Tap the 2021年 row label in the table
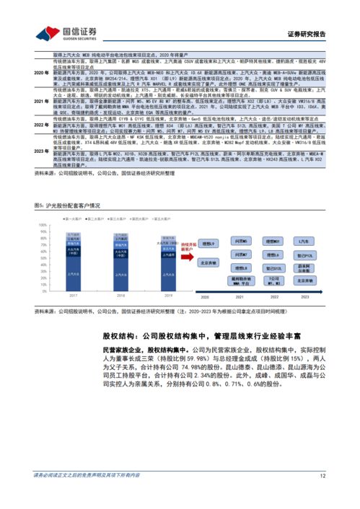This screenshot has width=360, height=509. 42,102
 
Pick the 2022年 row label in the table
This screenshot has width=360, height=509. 42,124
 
